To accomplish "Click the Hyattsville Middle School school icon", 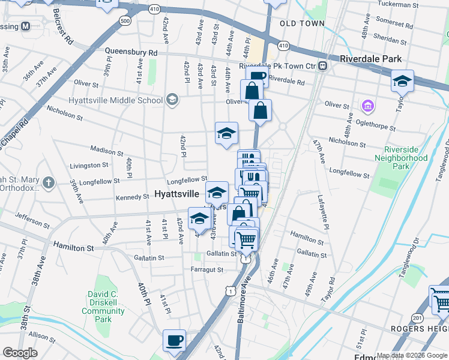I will (x=172, y=99).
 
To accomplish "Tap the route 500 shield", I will (x=125, y=20).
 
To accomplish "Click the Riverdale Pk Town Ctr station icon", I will (x=323, y=65).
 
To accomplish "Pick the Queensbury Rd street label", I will (x=131, y=52).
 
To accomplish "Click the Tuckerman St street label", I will (x=398, y=5).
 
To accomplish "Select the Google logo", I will (x=20, y=353).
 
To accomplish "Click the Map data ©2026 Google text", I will (x=411, y=355).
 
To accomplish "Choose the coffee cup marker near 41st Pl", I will (x=174, y=340).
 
